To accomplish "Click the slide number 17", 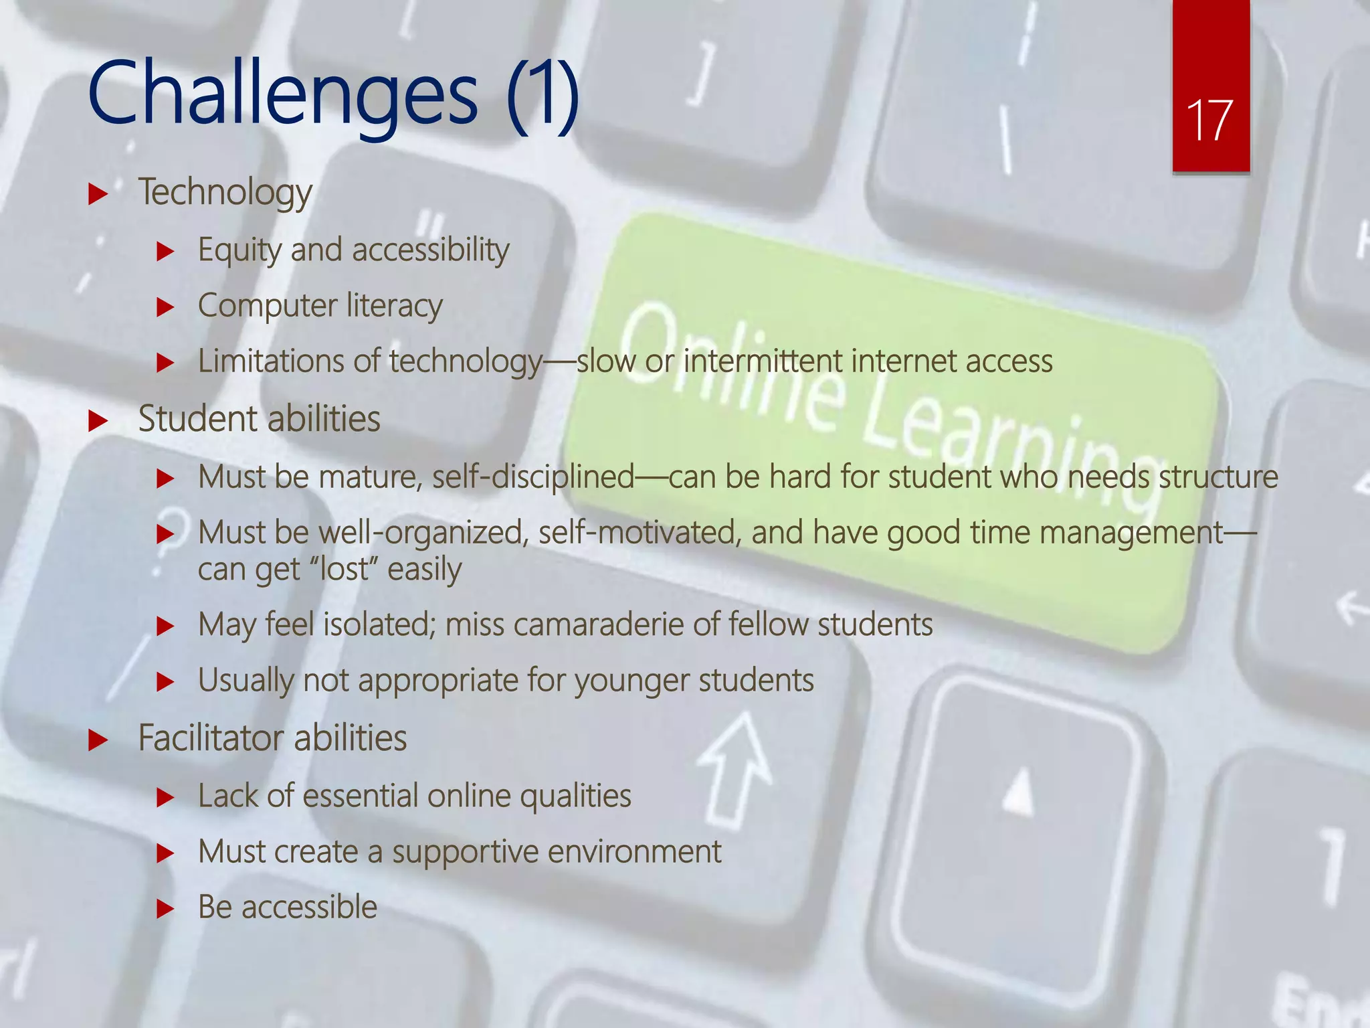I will coord(1209,121).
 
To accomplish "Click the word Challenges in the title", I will coord(282,94).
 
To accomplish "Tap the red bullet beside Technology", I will coord(98,195).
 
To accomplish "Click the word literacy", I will coord(395,307).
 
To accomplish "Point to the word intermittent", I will coord(763,361).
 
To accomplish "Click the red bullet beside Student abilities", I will coord(98,421).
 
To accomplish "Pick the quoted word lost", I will coord(344,570).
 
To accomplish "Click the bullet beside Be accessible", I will coord(165,910).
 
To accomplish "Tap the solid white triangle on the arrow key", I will coord(1019,793).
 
